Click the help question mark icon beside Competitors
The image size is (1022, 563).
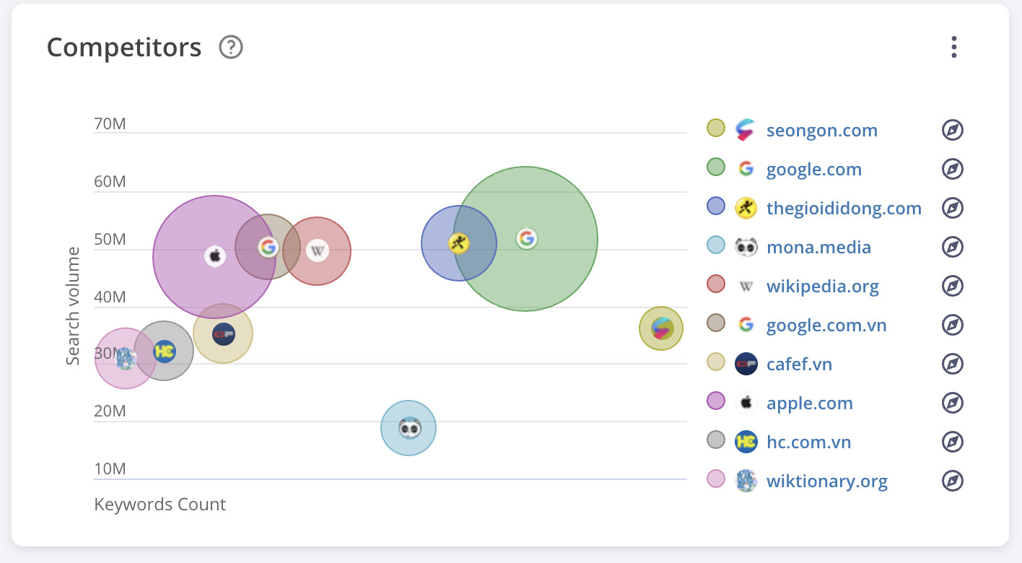[x=231, y=47]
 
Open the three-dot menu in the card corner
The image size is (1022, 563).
[x=953, y=47]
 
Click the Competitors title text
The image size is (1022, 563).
[x=123, y=47]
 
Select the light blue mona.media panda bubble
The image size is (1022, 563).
[x=409, y=428]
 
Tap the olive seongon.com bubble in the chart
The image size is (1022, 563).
[x=661, y=328]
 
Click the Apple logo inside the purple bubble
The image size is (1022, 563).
[x=215, y=256]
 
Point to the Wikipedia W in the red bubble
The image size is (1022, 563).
[x=317, y=250]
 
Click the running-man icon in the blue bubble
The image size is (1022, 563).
[x=458, y=243]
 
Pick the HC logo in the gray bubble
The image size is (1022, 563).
[x=165, y=352]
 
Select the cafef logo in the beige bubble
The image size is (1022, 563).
[x=224, y=334]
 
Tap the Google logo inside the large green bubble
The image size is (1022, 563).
[x=526, y=239]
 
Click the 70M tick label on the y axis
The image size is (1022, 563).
[x=110, y=123]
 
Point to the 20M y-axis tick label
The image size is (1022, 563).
[x=110, y=411]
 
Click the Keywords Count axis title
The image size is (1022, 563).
[x=160, y=504]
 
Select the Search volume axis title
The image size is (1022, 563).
[x=73, y=306]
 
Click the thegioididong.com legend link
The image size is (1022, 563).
[x=844, y=208]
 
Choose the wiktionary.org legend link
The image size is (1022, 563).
[x=826, y=481]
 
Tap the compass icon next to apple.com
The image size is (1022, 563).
[x=953, y=403]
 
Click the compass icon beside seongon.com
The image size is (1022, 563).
[x=953, y=130]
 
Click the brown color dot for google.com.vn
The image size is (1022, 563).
[x=716, y=323]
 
